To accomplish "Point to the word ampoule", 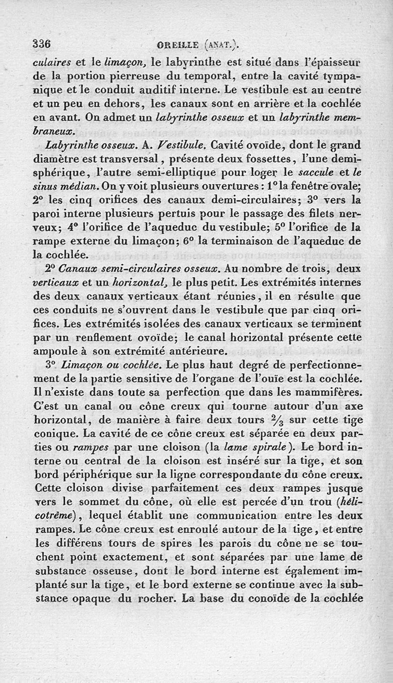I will pos(54,352).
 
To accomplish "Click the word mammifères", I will pos(332,394).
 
